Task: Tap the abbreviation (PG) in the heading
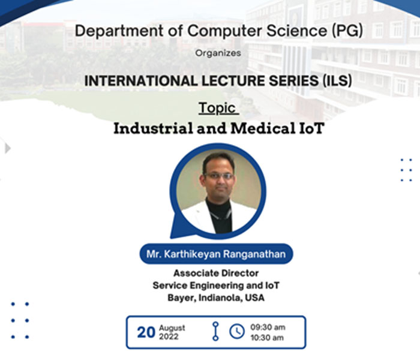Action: pyautogui.click(x=347, y=30)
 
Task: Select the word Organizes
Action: pyautogui.click(x=218, y=53)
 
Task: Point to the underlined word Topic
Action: pyautogui.click(x=217, y=108)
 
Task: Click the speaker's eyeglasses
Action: pyautogui.click(x=219, y=176)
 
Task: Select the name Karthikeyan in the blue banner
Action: pyautogui.click(x=192, y=254)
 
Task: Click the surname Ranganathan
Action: pyautogui.click(x=254, y=254)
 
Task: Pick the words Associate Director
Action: pyautogui.click(x=216, y=273)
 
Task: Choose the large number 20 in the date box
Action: pyautogui.click(x=146, y=332)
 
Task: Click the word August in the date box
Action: pyautogui.click(x=172, y=328)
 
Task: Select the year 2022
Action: pyautogui.click(x=169, y=337)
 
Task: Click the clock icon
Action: pyautogui.click(x=237, y=331)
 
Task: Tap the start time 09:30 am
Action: pyautogui.click(x=268, y=328)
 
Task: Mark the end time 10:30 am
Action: pyautogui.click(x=267, y=338)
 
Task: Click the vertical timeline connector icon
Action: pyautogui.click(x=215, y=331)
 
